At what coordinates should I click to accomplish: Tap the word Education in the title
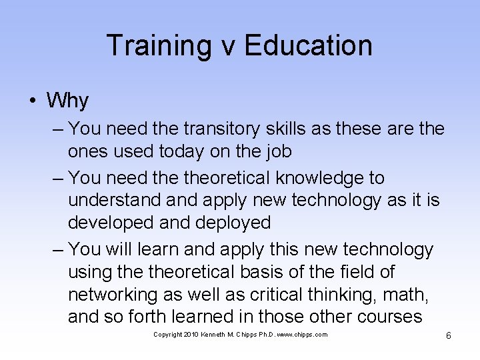point(308,45)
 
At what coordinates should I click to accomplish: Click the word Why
point(67,101)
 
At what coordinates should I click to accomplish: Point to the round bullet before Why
point(32,101)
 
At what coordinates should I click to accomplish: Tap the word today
point(181,152)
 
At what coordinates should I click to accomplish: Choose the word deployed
point(233,223)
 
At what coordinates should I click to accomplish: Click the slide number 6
point(449,335)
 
